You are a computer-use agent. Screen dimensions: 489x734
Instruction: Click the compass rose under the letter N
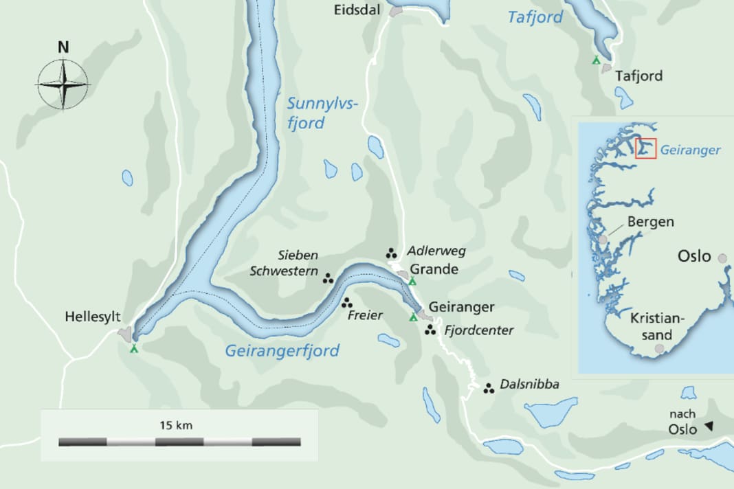63,84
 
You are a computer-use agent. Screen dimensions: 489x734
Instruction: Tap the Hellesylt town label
93,317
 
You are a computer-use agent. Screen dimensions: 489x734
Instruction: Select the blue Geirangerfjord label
282,351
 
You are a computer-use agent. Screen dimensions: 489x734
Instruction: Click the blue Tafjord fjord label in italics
535,17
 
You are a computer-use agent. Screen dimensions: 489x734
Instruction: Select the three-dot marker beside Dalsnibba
489,388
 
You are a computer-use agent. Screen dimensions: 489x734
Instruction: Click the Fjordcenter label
479,330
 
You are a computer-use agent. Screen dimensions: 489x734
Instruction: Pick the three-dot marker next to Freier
347,302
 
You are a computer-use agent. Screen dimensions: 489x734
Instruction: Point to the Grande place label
434,269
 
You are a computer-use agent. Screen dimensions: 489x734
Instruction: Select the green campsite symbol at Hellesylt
134,348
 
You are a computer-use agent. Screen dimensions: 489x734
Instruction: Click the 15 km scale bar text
175,425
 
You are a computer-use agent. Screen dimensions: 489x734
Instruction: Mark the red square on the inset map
646,148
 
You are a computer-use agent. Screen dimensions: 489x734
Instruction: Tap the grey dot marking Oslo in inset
722,258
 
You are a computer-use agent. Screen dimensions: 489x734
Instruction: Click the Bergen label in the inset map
650,222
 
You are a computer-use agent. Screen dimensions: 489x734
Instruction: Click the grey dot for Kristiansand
660,349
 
